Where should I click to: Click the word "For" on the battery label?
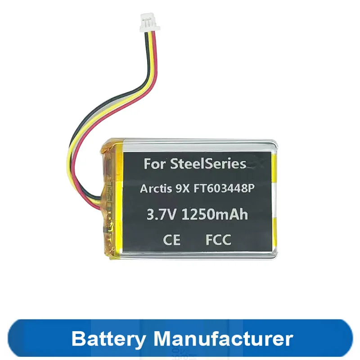point(153,164)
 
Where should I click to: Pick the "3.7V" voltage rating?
point(161,215)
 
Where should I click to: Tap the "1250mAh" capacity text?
point(215,215)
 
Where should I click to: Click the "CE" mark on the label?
point(171,240)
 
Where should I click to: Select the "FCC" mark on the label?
point(218,240)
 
